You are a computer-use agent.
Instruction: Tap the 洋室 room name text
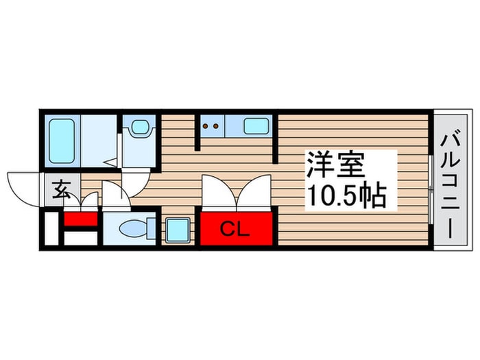coord(336,165)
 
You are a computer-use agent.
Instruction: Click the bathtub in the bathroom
coord(62,141)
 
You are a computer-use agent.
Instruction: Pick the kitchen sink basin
coord(256,125)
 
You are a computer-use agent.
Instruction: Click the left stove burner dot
coord(206,125)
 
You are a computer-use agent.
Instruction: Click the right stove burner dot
coord(215,125)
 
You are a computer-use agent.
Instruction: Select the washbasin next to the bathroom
coord(140,127)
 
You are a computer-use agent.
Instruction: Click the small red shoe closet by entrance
coord(81,219)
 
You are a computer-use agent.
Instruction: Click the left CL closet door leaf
coord(218,193)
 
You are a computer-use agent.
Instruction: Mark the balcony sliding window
coord(431,190)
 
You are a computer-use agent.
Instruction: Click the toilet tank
coord(152,228)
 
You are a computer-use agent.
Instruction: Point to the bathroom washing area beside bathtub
coord(99,141)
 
